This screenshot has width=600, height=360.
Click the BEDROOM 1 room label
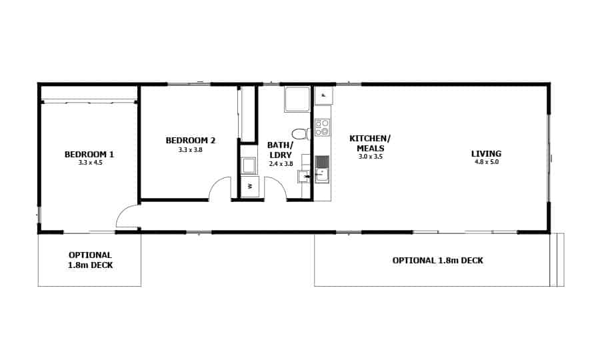tap(89, 155)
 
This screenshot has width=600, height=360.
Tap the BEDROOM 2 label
tap(190, 141)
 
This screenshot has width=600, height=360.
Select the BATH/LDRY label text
tap(281, 149)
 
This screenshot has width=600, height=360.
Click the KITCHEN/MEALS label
tap(370, 143)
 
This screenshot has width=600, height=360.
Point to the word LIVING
tap(486, 154)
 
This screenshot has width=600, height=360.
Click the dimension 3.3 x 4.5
tap(90, 163)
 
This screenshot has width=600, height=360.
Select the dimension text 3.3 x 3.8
tap(190, 150)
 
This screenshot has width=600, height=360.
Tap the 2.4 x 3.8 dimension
tap(281, 163)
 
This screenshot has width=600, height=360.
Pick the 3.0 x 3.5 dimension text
tap(370, 157)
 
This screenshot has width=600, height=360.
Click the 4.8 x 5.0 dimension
tap(486, 162)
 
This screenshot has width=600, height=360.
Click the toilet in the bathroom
tap(299, 134)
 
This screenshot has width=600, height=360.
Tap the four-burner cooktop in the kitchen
tap(322, 127)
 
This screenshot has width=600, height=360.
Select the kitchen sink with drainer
tap(322, 169)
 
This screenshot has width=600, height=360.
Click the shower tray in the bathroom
tap(297, 99)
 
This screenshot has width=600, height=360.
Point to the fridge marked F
tap(323, 95)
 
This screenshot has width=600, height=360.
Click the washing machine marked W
tap(249, 186)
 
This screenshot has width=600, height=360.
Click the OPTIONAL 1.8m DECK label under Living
tap(437, 261)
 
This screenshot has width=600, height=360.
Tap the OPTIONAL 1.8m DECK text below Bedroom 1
tap(90, 260)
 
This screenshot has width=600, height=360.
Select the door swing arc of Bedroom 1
tap(127, 215)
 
